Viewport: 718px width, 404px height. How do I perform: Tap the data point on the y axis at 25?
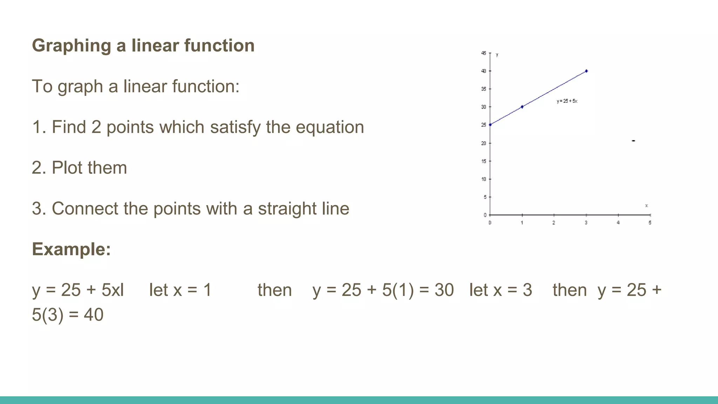[490, 125]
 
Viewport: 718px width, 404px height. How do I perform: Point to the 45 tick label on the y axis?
[483, 53]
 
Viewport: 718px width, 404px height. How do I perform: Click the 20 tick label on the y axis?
[483, 143]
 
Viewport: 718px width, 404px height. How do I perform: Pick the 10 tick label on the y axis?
[483, 179]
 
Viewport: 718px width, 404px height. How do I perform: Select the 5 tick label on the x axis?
[650, 223]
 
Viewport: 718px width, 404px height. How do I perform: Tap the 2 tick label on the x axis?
[554, 223]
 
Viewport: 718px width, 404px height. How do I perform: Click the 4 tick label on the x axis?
[618, 223]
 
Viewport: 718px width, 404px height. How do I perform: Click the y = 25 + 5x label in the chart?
[567, 101]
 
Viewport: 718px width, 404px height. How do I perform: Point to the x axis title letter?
[646, 206]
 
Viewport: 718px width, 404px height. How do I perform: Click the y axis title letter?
[497, 55]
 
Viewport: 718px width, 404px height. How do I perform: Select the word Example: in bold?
[71, 249]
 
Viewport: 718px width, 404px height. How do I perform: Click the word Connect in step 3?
[85, 209]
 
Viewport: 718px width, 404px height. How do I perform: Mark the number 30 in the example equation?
[444, 290]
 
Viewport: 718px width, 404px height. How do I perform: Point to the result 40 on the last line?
[94, 315]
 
